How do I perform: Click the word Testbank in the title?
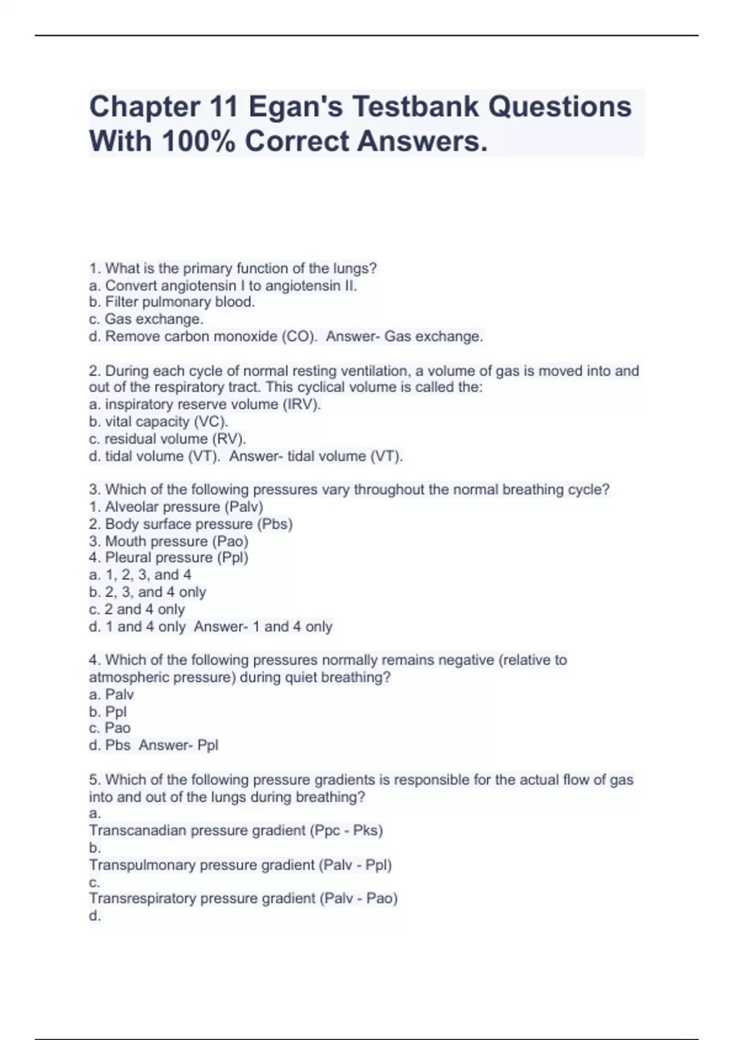[415, 106]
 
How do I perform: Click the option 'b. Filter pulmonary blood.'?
[172, 302]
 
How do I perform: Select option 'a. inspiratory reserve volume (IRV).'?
[205, 404]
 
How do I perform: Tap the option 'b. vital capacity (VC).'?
[158, 422]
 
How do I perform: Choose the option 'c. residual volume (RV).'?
[168, 439]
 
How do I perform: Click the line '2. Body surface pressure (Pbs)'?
[191, 524]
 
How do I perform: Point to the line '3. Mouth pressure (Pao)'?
[169, 541]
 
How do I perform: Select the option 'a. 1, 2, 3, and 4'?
[140, 574]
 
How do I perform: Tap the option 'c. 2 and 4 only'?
[136, 609]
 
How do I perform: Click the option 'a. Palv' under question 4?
[111, 694]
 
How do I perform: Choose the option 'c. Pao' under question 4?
[109, 728]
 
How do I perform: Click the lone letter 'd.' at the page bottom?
[95, 916]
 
